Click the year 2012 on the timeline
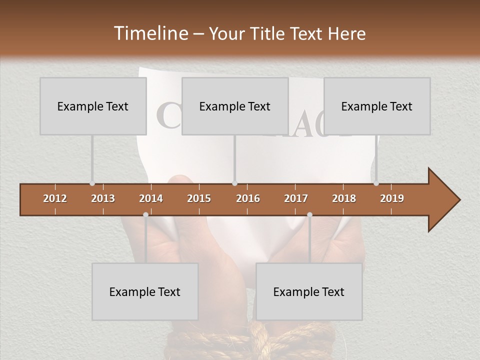55,198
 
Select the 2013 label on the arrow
103,198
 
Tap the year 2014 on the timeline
151,198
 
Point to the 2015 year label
199,198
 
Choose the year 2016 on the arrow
248,198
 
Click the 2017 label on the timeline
296,198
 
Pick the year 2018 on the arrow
344,198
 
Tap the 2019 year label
392,198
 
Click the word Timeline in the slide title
150,33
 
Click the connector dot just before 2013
92,183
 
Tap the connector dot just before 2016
234,183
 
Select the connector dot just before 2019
376,183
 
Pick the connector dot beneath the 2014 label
145,214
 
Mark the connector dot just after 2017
309,214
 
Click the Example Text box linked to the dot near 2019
377,106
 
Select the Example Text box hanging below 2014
145,291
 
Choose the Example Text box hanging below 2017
309,291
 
